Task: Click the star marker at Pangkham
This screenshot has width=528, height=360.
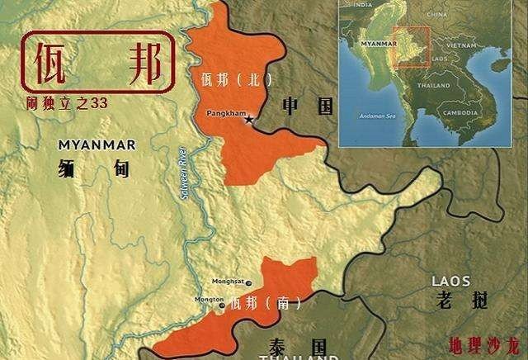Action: click(x=248, y=121)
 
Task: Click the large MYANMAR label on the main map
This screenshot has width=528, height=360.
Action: click(x=86, y=145)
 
